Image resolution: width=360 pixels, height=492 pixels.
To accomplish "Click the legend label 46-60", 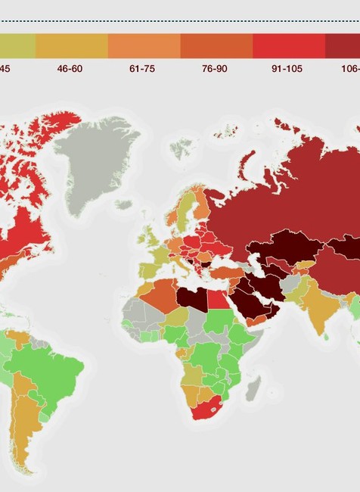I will tap(69, 68).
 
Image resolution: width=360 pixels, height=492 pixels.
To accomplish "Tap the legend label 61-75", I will tap(141, 68).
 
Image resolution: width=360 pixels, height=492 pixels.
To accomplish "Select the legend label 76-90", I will tap(214, 68).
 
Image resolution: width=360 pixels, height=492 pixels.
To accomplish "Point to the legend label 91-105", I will tap(287, 68).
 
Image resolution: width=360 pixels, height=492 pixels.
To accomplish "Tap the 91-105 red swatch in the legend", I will tap(288, 45).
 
